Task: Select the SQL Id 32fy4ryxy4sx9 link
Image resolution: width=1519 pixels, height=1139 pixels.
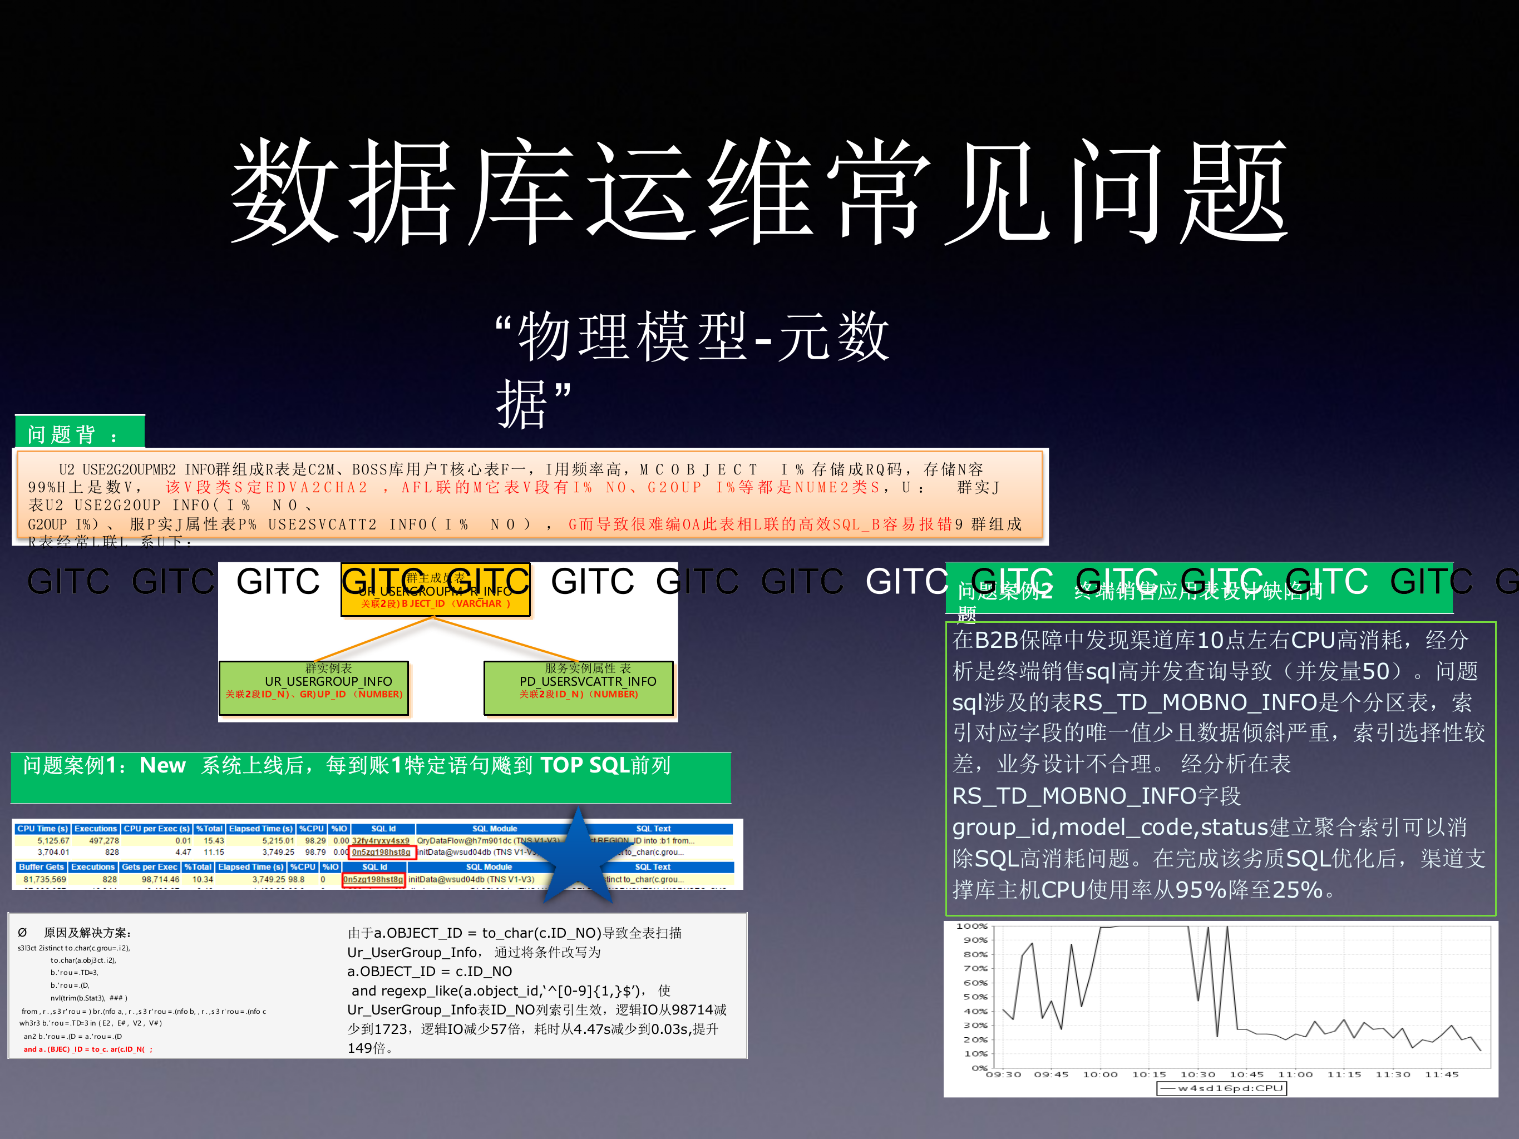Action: [x=381, y=840]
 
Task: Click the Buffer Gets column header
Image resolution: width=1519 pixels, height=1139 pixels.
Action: [x=41, y=867]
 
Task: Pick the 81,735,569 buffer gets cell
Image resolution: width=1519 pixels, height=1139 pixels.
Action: [x=45, y=879]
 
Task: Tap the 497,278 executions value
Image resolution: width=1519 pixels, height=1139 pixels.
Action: [x=103, y=840]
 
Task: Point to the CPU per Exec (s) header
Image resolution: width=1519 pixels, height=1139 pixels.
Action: [x=156, y=829]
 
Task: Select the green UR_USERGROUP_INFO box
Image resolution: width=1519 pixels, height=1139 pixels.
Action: [x=314, y=687]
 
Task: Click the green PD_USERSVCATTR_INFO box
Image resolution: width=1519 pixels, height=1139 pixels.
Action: [x=578, y=687]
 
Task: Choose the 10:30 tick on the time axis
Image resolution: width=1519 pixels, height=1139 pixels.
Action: [x=1197, y=1074]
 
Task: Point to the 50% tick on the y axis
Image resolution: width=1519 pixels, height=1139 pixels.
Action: [x=975, y=997]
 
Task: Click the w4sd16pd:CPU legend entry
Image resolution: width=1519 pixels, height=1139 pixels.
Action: [x=1222, y=1088]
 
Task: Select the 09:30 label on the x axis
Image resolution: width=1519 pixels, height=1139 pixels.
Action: [x=1003, y=1074]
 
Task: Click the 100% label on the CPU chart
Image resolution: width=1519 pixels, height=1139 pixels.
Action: [x=971, y=926]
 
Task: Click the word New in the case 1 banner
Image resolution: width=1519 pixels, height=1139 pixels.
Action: [x=162, y=765]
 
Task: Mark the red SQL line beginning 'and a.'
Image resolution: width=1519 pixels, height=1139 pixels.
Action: [x=88, y=1049]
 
